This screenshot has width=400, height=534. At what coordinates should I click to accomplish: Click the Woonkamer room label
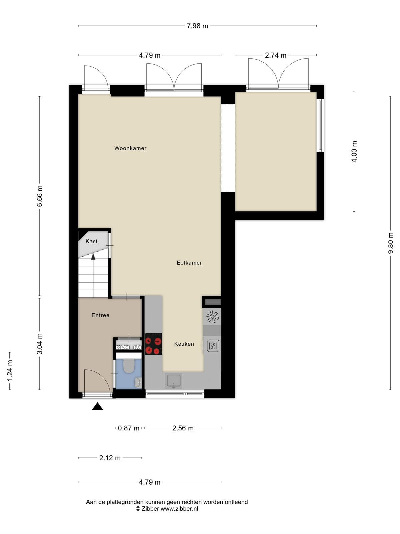(x=130, y=148)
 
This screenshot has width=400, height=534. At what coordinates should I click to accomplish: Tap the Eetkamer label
(x=189, y=263)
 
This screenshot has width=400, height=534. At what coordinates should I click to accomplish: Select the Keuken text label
(x=184, y=344)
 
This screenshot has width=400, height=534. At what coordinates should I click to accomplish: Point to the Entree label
(x=100, y=315)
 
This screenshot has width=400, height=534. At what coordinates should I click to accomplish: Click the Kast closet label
(x=92, y=241)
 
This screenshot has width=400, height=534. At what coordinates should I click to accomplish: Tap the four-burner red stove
(x=153, y=344)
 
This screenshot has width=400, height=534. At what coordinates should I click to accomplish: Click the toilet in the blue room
(x=129, y=366)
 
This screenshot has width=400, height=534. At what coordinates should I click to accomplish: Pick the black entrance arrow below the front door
(x=97, y=406)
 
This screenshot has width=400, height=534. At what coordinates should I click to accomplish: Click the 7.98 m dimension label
(x=197, y=26)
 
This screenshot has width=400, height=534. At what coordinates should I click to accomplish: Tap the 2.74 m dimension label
(x=276, y=55)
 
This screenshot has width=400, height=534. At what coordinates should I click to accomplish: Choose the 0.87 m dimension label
(x=128, y=428)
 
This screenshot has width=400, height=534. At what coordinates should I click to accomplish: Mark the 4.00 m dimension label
(x=354, y=152)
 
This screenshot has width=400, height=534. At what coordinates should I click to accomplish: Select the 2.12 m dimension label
(x=110, y=458)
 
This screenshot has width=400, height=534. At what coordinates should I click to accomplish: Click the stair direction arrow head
(x=93, y=256)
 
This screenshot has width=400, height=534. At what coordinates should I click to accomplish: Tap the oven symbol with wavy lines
(x=213, y=346)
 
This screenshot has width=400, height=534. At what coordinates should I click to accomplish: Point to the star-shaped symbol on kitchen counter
(x=213, y=317)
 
